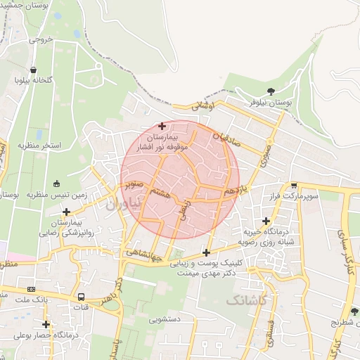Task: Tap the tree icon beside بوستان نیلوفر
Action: pos(271,91)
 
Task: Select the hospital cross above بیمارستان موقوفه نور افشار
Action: pos(162,125)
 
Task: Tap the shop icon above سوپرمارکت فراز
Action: pos(293,186)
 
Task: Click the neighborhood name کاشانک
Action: pos(247,300)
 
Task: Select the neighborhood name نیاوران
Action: pos(124,204)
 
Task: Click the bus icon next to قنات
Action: pos(82,297)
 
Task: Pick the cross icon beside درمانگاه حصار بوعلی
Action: pos(46,324)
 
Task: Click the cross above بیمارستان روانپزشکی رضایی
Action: pos(66,212)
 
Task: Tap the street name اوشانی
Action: pos(201,105)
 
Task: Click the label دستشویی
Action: pos(165,319)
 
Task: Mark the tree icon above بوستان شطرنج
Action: pos(354,311)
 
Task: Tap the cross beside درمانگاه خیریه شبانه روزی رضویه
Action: pos(266,221)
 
